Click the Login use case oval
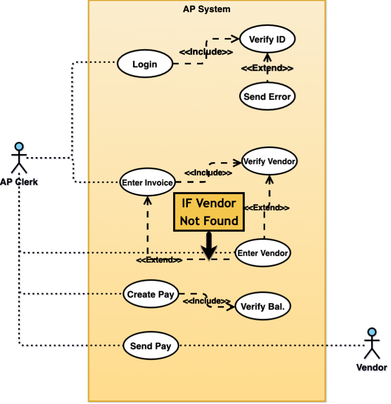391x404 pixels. pyautogui.click(x=145, y=65)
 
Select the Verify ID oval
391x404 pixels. pyautogui.click(x=267, y=39)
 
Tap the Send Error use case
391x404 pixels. pyautogui.click(x=267, y=97)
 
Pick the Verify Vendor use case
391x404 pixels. pyautogui.click(x=269, y=162)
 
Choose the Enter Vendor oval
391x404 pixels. pyautogui.click(x=263, y=253)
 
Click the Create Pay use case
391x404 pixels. pyautogui.click(x=150, y=294)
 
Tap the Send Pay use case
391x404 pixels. pyautogui.click(x=151, y=346)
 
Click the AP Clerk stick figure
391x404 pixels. pyautogui.click(x=19, y=158)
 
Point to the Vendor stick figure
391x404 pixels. pyautogui.click(x=372, y=344)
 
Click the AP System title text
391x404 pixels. pyautogui.click(x=206, y=9)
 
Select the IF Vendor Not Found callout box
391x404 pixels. pyautogui.click(x=209, y=212)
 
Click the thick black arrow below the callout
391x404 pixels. pyautogui.click(x=209, y=246)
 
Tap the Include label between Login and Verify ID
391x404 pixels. pyautogui.click(x=206, y=52)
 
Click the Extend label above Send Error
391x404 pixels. pyautogui.click(x=267, y=68)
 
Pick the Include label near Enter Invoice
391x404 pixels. pyautogui.click(x=208, y=173)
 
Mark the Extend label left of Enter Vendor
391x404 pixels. pyautogui.click(x=159, y=260)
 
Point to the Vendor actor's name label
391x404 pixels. pyautogui.click(x=372, y=367)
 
